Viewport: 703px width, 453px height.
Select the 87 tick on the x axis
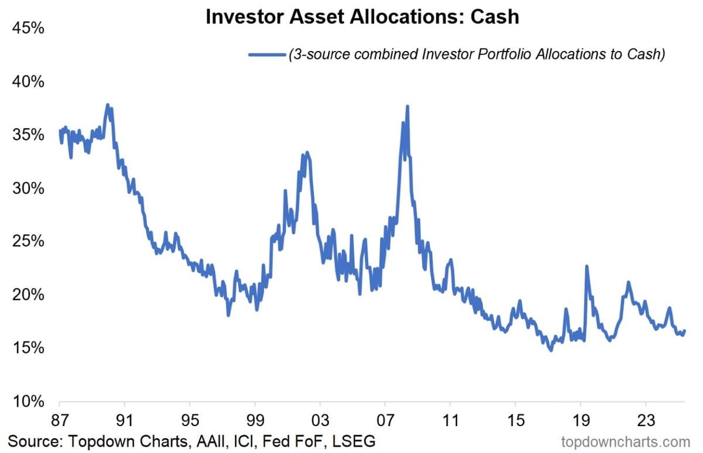tap(60, 420)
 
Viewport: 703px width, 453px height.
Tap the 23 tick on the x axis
tap(645, 420)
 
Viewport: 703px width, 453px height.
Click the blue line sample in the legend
tap(267, 55)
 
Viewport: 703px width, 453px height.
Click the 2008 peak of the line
tap(407, 107)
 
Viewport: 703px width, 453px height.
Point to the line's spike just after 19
tap(586, 267)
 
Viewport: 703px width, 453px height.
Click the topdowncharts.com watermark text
tap(625, 441)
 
